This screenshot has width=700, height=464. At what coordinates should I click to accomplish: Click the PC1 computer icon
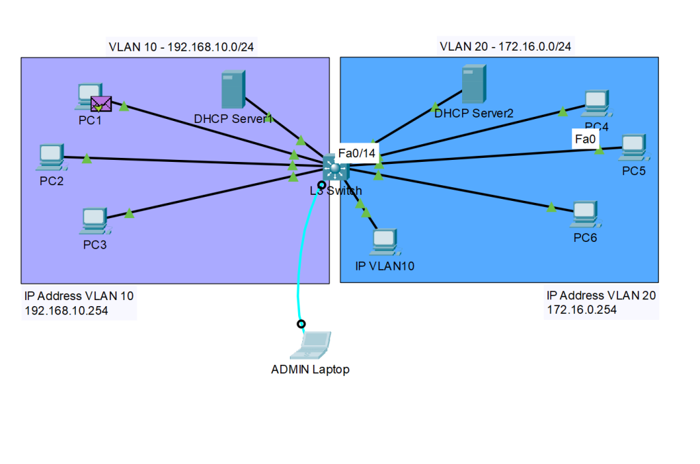(87, 96)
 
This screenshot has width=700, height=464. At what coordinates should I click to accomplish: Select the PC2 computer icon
(51, 156)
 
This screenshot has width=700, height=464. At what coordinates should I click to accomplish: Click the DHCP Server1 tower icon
(232, 90)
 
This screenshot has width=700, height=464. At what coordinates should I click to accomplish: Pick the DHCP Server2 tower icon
(472, 84)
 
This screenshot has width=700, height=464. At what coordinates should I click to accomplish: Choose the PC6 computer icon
(585, 214)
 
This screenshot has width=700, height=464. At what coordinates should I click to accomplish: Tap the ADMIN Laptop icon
(311, 345)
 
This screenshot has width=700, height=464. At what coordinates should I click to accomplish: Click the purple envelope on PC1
(100, 104)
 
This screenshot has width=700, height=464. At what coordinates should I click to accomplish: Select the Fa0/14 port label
(358, 153)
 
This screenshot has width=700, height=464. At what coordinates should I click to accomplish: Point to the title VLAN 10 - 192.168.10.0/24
(177, 47)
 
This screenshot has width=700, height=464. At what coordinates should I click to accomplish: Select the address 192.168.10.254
(66, 310)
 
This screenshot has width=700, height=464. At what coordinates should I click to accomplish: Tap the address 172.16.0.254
(581, 310)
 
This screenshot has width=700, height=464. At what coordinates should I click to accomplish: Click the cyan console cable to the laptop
(299, 273)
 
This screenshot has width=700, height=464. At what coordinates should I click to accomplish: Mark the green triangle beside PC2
(87, 159)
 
